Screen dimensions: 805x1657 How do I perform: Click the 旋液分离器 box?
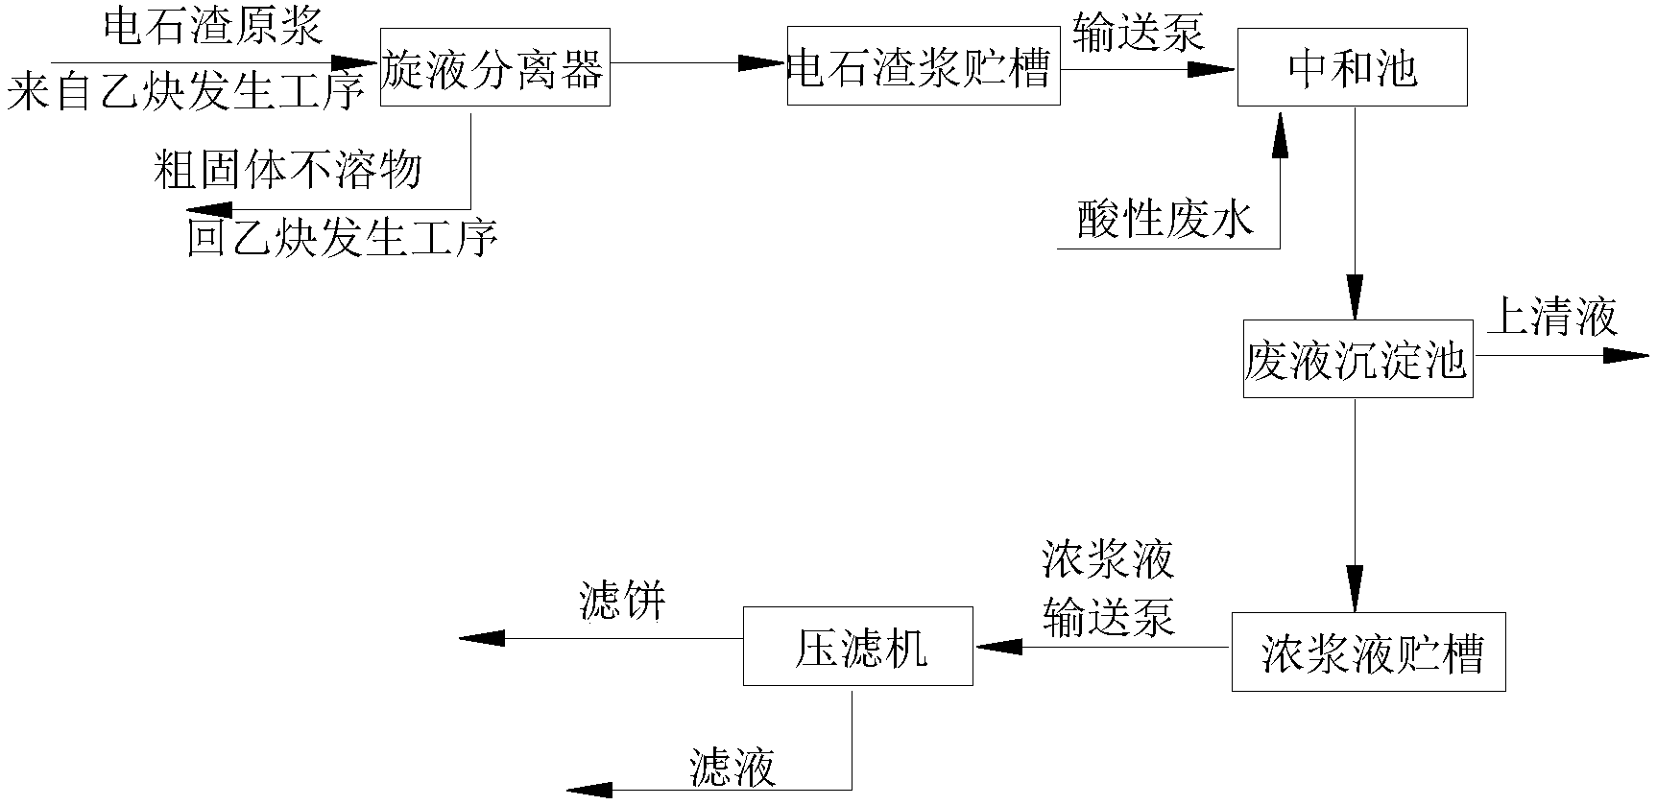click(x=494, y=66)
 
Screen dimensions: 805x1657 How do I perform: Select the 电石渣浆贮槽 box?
click(x=923, y=66)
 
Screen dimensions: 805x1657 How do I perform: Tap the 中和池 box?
click(x=1352, y=67)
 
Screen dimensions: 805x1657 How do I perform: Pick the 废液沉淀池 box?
click(x=1357, y=359)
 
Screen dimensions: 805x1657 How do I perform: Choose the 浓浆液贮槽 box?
click(x=1368, y=652)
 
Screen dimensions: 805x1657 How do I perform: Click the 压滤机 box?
click(x=858, y=647)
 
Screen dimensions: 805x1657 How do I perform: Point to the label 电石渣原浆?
click(x=212, y=28)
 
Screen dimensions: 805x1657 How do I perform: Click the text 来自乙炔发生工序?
click(x=186, y=93)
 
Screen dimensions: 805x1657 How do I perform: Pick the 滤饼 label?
click(x=622, y=603)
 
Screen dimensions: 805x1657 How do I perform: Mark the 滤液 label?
click(x=732, y=768)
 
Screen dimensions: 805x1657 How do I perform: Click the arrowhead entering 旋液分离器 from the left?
click(x=358, y=64)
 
